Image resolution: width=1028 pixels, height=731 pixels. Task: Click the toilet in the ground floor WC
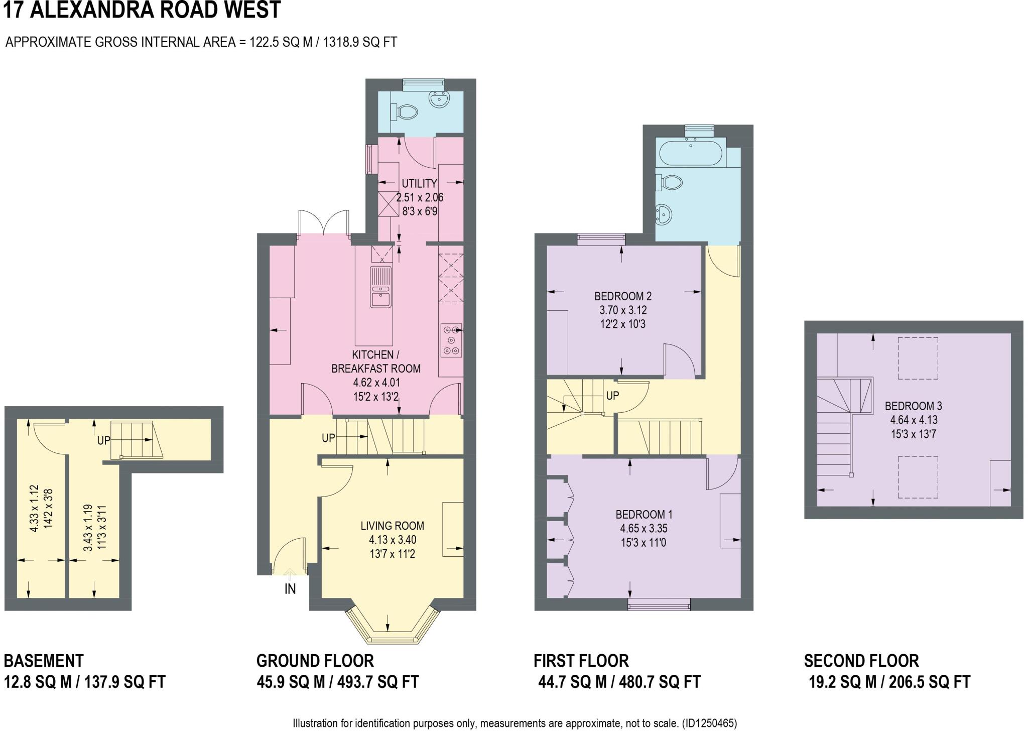click(406, 111)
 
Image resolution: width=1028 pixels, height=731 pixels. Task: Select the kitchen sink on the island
click(381, 287)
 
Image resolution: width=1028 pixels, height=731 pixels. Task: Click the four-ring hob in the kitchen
click(451, 340)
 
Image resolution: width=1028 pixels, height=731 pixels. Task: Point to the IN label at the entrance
click(290, 589)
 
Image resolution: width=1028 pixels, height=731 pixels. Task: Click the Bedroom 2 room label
click(623, 296)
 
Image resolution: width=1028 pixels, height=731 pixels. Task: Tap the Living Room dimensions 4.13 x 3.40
click(392, 540)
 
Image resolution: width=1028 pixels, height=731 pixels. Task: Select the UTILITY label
click(419, 184)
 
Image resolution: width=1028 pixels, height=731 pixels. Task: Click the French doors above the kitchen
click(324, 222)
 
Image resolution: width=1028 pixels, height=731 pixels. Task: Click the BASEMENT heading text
click(44, 660)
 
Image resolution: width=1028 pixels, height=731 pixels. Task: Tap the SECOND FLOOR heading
click(861, 660)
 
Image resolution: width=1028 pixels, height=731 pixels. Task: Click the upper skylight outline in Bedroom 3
click(918, 358)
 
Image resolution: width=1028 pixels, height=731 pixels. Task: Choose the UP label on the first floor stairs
click(612, 396)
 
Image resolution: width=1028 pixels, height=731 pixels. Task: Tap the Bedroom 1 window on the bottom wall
click(659, 604)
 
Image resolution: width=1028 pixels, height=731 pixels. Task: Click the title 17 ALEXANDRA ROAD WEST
click(142, 10)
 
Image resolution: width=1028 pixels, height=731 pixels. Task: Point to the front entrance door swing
click(290, 555)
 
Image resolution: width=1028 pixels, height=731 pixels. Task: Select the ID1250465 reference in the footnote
click(709, 723)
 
